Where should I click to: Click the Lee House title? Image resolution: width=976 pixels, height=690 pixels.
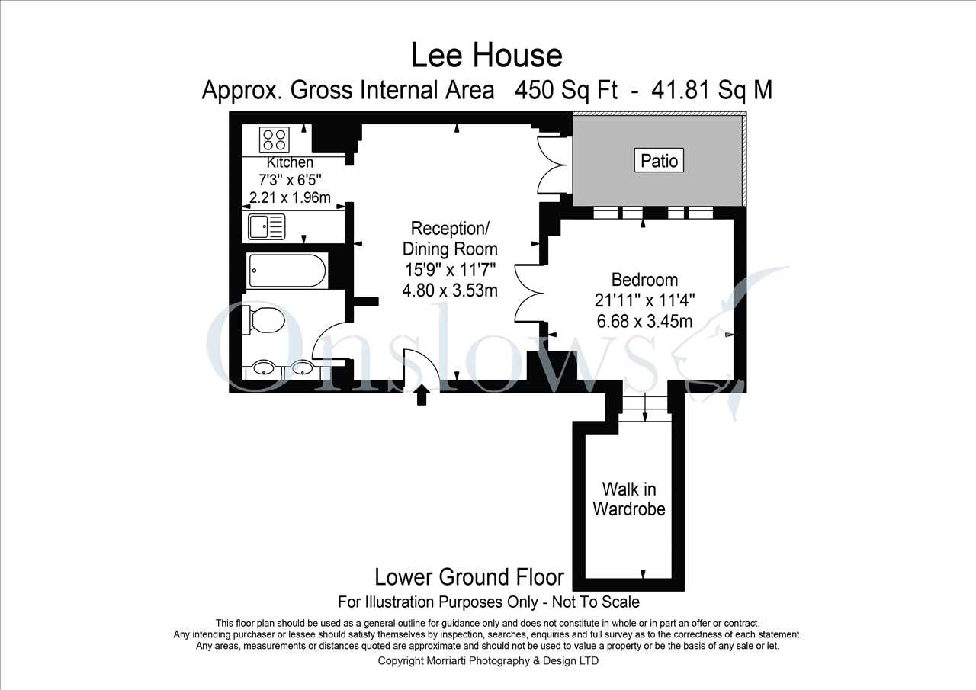(486, 56)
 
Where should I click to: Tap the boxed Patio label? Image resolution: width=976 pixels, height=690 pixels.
(659, 160)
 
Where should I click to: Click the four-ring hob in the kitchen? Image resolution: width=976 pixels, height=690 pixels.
(274, 140)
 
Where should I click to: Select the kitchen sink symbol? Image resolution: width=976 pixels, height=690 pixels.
(267, 226)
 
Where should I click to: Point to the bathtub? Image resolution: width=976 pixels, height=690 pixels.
(287, 271)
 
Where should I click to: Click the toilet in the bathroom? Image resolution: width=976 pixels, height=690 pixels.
(263, 320)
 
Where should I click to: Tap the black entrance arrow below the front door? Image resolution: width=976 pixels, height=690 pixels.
(422, 395)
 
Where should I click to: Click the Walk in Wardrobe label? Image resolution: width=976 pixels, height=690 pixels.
(629, 499)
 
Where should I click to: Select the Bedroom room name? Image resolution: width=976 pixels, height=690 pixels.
(644, 280)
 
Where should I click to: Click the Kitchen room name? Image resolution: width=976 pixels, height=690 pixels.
(290, 162)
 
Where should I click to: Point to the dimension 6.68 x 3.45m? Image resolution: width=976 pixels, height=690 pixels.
(644, 322)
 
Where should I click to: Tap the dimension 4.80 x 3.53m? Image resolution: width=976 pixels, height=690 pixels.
(450, 290)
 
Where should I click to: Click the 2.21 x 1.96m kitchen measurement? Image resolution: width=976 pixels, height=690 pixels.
(290, 197)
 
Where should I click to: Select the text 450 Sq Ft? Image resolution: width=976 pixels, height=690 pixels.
(566, 91)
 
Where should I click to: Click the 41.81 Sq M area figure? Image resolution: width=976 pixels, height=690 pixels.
(711, 91)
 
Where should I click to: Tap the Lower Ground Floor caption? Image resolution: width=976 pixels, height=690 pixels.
(469, 577)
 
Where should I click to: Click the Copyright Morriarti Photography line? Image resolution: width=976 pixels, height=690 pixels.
(488, 661)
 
